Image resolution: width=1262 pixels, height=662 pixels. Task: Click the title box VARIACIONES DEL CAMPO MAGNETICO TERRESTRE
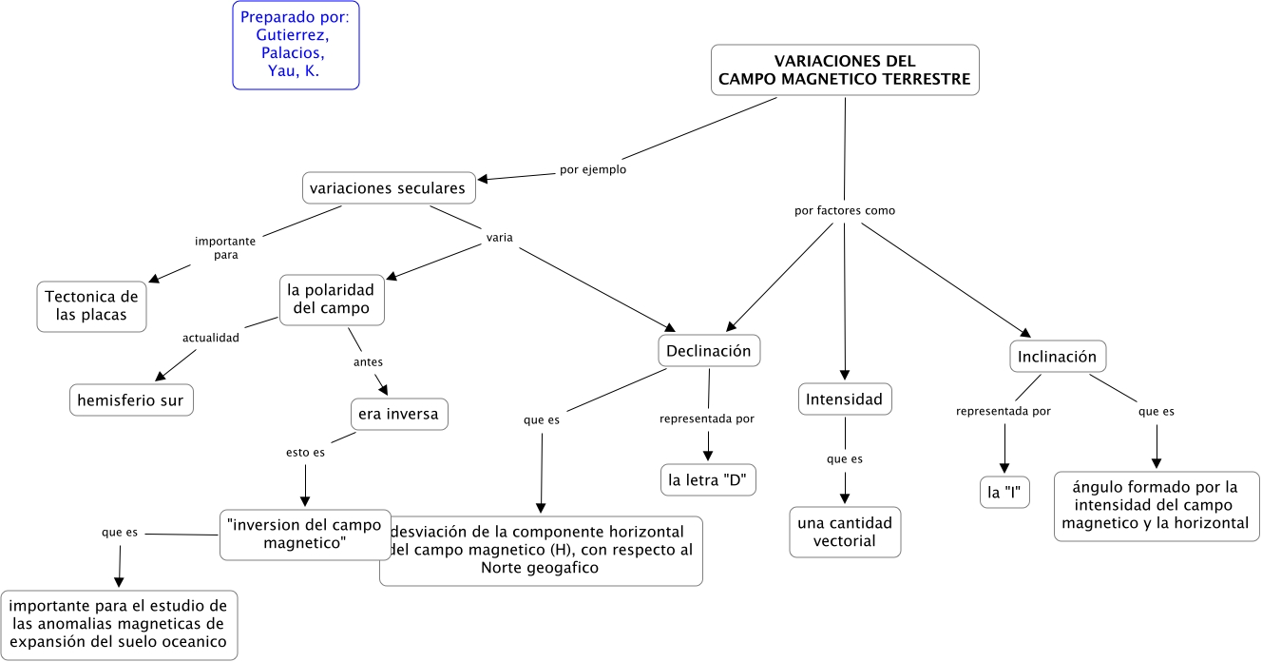845,70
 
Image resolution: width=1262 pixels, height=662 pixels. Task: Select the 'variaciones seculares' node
390,188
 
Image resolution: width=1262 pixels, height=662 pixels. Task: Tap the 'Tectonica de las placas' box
92,306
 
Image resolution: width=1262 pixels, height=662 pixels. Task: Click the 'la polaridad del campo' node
331,299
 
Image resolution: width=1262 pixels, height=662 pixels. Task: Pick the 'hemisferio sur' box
132,400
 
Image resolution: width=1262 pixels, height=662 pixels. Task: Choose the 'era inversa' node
398,415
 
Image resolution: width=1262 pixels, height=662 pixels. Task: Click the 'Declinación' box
709,351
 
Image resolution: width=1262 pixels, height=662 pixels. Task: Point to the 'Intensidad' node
845,399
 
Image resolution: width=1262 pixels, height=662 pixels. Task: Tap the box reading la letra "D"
709,480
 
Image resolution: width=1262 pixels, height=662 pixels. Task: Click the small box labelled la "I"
1004,493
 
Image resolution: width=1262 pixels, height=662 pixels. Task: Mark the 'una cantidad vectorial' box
845,533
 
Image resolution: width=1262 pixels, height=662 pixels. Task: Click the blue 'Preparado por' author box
296,45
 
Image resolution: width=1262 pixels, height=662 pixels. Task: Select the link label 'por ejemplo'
593,170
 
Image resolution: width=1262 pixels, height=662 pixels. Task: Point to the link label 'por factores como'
845,210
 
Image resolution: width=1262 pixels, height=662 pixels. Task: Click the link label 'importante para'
225,248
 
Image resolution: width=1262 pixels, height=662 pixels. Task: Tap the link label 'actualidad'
211,337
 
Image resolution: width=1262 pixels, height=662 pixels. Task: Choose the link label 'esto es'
305,453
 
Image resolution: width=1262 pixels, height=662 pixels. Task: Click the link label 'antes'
368,362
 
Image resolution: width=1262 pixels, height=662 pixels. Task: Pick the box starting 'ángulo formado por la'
1157,505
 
